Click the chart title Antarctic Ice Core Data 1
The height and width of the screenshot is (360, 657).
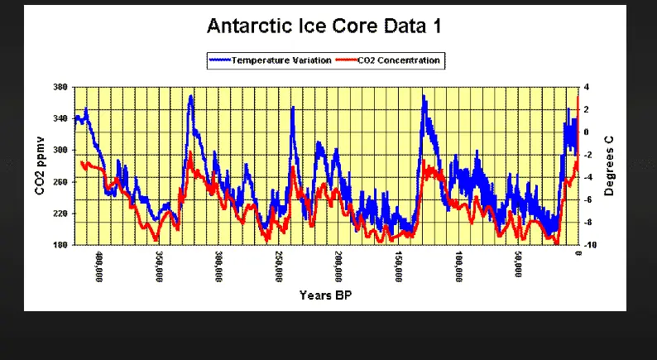[324, 26]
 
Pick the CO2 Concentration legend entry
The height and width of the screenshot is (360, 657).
[394, 60]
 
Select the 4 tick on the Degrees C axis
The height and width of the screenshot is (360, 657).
[586, 87]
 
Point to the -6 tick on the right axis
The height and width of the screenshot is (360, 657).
[587, 199]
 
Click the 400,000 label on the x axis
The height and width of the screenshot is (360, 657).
[99, 266]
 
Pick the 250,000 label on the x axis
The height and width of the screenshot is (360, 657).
[279, 266]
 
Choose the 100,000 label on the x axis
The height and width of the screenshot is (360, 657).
[458, 266]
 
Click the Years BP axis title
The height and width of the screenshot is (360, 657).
[326, 295]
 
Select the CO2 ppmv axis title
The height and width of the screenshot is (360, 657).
[40, 166]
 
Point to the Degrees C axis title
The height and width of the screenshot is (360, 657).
[609, 166]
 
